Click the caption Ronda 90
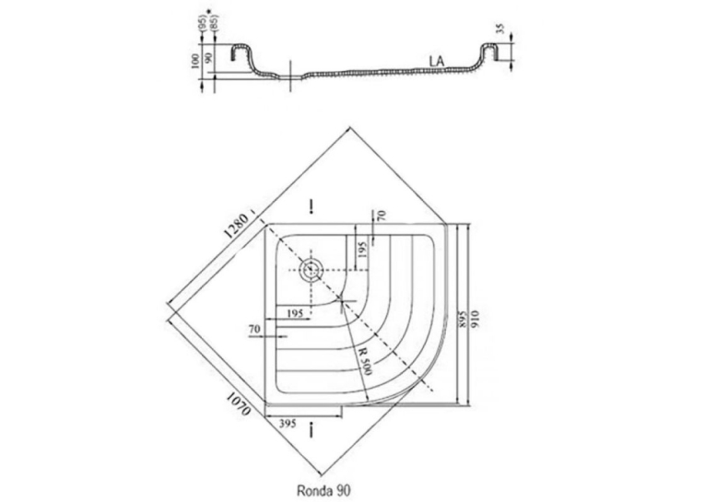[x=323, y=490]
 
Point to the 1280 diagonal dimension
[x=237, y=226]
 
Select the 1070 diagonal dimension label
[x=238, y=404]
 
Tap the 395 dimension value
[x=288, y=424]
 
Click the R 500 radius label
[x=364, y=361]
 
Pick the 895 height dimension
[x=461, y=319]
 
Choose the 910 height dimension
[x=476, y=319]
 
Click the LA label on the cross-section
[x=437, y=62]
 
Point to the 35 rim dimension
[x=499, y=29]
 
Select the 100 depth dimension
[x=194, y=61]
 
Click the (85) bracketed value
[x=215, y=23]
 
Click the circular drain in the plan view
[x=311, y=270]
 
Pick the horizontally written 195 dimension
[x=295, y=313]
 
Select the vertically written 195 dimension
[x=362, y=250]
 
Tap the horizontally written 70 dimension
[x=255, y=330]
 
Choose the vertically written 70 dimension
[x=382, y=216]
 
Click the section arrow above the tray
[x=311, y=207]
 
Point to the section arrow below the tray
[x=311, y=430]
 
